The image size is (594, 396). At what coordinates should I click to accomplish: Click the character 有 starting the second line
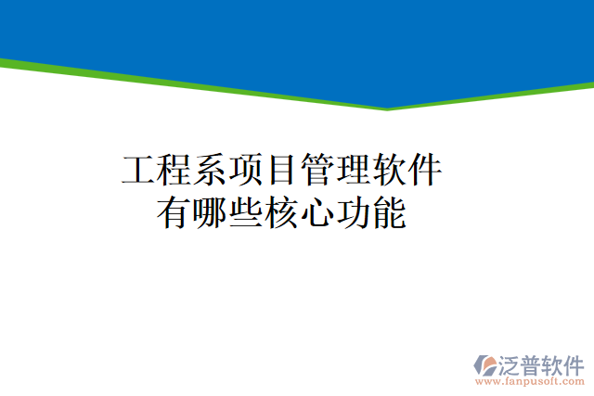[174, 214]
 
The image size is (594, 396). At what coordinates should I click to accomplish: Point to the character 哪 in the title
[210, 214]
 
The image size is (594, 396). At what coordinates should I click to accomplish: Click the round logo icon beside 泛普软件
[486, 364]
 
